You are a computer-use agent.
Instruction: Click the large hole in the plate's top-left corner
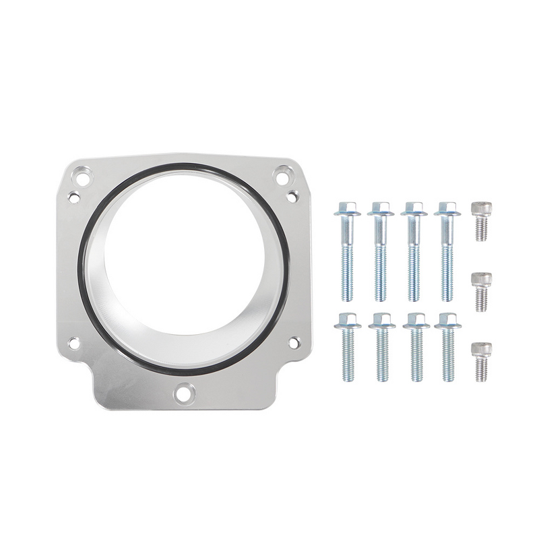point(82,179)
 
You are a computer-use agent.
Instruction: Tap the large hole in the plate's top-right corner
point(282,178)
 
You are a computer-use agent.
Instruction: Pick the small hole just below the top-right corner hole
point(292,196)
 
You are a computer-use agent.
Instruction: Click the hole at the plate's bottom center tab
point(184,392)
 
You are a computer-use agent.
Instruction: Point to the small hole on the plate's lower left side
point(73,343)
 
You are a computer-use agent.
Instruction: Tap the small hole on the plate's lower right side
point(294,342)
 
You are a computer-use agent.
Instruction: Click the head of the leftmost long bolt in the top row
point(347,208)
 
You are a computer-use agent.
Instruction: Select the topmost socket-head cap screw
point(481,221)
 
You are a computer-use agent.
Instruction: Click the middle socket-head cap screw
point(481,291)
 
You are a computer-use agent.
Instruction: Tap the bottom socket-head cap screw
point(481,361)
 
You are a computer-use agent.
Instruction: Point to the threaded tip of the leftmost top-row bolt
point(348,295)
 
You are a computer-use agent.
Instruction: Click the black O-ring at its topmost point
point(183,165)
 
